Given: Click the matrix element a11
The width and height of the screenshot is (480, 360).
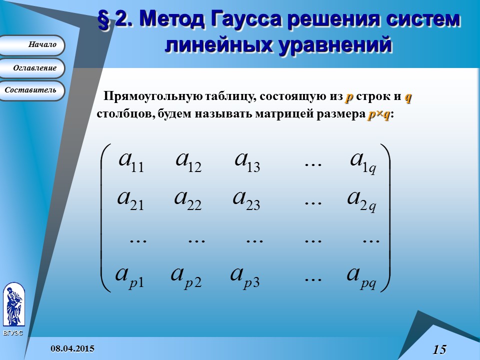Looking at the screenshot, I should [x=131, y=161].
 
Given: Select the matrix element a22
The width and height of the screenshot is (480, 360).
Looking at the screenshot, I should [x=188, y=199].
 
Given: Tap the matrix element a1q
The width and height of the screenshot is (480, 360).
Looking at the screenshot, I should [x=362, y=161].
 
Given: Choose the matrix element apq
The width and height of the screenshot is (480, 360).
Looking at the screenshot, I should [x=361, y=276].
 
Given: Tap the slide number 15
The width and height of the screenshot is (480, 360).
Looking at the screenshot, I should [x=439, y=349].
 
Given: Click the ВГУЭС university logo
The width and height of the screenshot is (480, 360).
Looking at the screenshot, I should [x=13, y=305].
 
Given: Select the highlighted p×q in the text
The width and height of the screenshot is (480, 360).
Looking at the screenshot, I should [x=378, y=114].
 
